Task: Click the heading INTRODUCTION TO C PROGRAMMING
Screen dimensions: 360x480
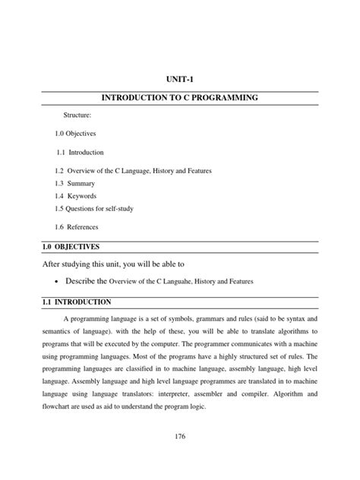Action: (x=181, y=99)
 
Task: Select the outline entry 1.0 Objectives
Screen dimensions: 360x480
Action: (x=74, y=134)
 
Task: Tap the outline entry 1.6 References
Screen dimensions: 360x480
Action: (x=76, y=227)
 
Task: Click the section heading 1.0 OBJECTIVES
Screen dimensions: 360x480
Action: (x=71, y=248)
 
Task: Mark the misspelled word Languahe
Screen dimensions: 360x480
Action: (x=187, y=282)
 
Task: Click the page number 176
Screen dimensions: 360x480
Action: (x=180, y=436)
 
